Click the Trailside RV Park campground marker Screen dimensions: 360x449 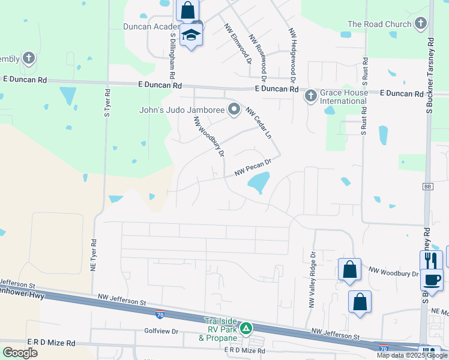[246, 328]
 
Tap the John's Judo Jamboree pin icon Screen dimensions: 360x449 [234, 109]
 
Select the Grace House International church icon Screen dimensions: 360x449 [310, 95]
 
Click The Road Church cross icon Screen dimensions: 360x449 [421, 24]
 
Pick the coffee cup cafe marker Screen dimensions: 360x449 [432, 279]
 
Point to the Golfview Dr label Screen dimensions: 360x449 [161, 331]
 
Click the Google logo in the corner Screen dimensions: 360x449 [20, 353]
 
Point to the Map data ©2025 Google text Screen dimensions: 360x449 [412, 355]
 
